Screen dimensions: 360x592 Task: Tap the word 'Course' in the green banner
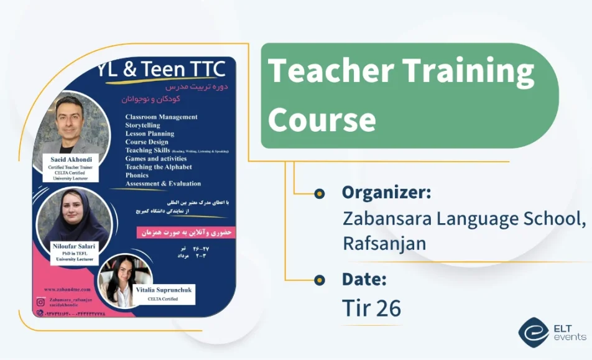click(321, 119)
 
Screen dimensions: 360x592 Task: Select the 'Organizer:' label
click(386, 192)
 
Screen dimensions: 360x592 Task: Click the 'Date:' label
click(364, 279)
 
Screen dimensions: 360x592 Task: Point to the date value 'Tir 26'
click(371, 308)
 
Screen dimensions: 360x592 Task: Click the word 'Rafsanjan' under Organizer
click(384, 243)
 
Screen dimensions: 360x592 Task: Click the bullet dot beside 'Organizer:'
click(320, 193)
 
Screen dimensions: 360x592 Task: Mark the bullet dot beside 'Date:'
click(320, 280)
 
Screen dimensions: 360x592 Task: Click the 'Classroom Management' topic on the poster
click(161, 117)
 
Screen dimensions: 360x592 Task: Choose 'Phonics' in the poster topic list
click(137, 175)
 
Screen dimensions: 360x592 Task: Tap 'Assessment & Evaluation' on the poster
click(163, 183)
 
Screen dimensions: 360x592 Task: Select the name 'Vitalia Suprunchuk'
click(164, 290)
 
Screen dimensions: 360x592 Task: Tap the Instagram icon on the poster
click(40, 302)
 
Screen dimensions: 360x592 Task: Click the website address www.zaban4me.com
click(67, 290)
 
